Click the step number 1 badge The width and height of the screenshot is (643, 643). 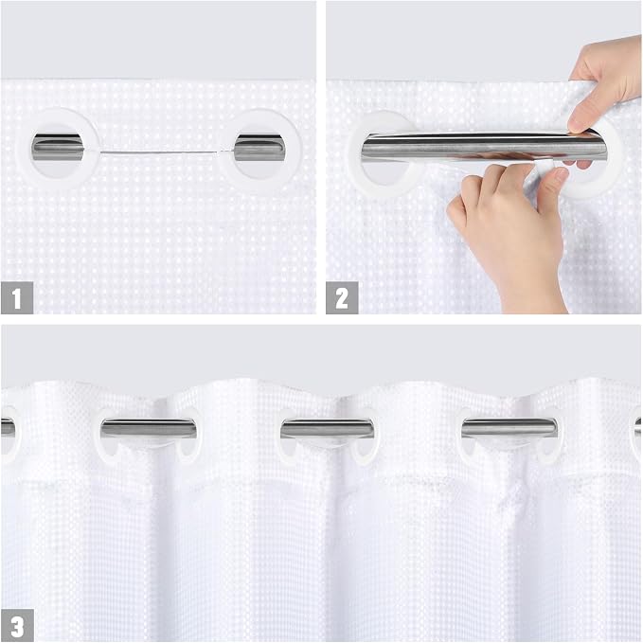pos(17,297)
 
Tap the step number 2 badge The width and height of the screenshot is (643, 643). pos(342,297)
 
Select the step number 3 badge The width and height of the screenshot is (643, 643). pos(17,625)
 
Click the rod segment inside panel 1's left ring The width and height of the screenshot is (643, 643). pos(57,147)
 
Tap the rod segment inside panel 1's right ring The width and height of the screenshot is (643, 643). pos(259,148)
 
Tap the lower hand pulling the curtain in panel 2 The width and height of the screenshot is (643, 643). pos(509,229)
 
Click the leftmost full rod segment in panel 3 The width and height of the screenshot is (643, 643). pos(148,428)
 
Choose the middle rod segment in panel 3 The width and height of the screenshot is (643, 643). pos(328,428)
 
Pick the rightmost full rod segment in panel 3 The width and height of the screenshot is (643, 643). pos(509,428)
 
